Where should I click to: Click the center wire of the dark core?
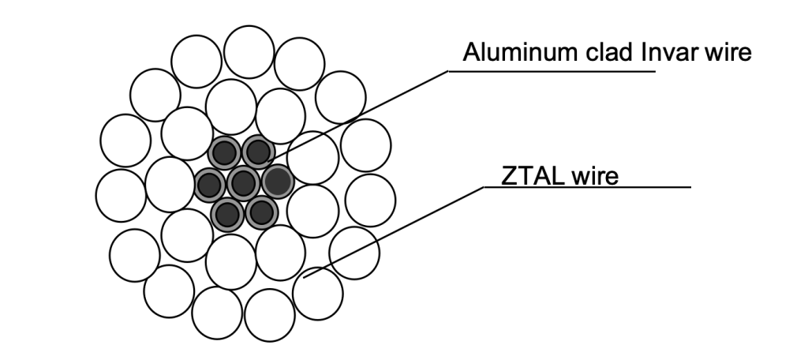244,183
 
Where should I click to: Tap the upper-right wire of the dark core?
257,151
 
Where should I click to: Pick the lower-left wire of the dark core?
227,213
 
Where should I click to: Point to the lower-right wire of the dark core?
261,212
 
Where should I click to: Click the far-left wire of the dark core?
210,185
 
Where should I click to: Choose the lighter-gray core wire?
277,182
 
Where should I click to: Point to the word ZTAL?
529,174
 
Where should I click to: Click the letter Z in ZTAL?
510,174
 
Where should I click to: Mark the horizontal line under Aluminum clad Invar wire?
552,70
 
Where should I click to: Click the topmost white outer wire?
249,51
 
